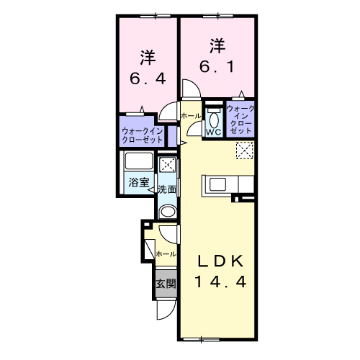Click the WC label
(x=213, y=132)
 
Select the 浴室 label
(x=139, y=183)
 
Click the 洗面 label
(x=168, y=190)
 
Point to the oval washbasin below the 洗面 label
(x=167, y=212)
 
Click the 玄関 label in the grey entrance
(x=166, y=284)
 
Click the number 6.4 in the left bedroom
(x=148, y=78)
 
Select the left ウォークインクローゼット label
(x=142, y=135)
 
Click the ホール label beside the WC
(x=191, y=115)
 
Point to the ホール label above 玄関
(x=166, y=254)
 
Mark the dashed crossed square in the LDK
(x=245, y=150)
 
